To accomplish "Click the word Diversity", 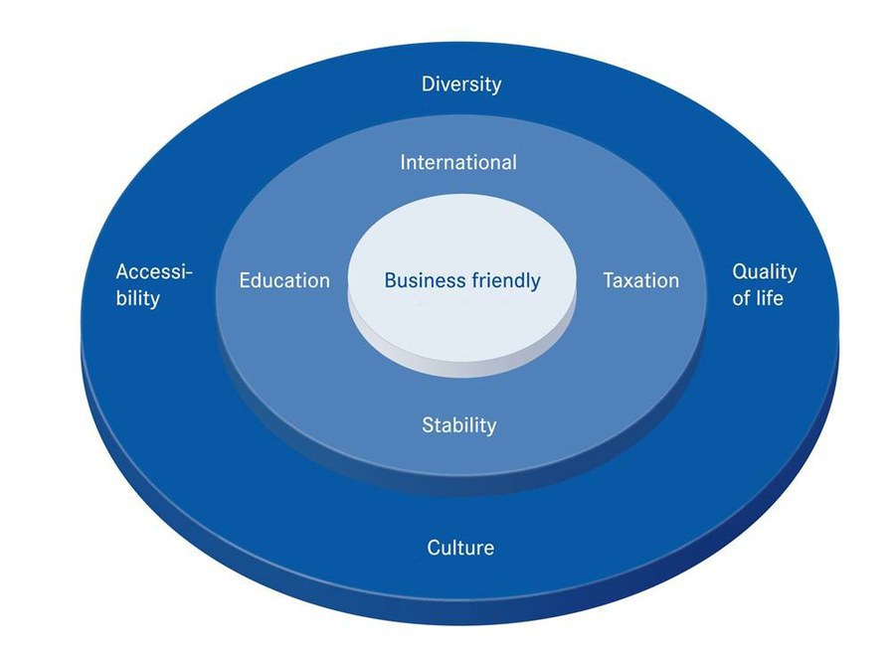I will click(461, 83).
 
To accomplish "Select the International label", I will click(458, 161).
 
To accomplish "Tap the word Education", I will click(284, 280).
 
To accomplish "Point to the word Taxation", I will click(641, 280).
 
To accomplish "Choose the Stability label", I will click(459, 425).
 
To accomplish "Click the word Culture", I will click(460, 548).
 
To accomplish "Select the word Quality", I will click(765, 272).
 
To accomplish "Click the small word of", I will click(742, 297).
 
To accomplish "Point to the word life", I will click(771, 297).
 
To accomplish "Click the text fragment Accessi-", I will click(153, 272).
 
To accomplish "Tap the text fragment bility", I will click(137, 297).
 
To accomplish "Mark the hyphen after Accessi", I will click(189, 273).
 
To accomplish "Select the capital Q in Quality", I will click(740, 271).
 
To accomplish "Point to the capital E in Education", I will click(245, 280).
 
